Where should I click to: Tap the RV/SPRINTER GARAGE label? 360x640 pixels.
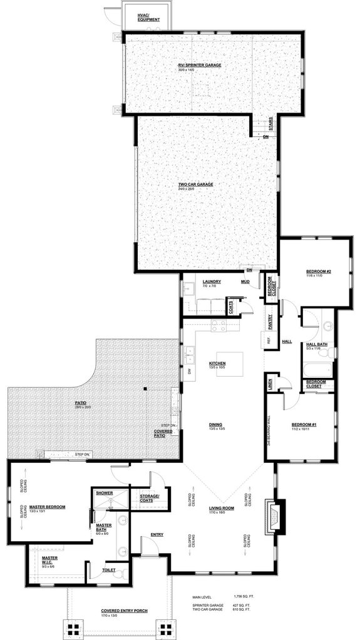click(x=200, y=65)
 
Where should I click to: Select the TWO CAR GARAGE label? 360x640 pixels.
click(x=196, y=185)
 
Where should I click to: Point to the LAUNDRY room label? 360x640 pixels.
click(x=212, y=282)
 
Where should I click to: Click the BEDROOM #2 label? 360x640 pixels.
click(x=318, y=272)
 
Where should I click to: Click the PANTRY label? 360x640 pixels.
click(x=270, y=322)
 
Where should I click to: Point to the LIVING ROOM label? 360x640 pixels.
click(x=221, y=509)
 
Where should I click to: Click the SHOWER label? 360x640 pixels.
click(x=105, y=493)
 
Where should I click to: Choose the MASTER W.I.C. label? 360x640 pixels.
click(x=50, y=559)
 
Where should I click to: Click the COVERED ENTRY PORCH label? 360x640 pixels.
click(x=124, y=611)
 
